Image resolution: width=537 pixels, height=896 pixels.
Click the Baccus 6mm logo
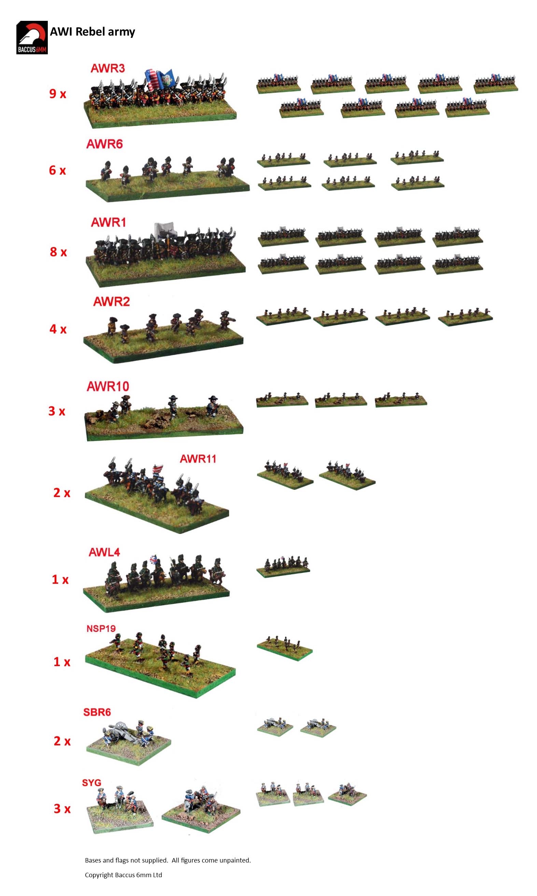[32, 38]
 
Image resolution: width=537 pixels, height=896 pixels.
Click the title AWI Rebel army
[92, 32]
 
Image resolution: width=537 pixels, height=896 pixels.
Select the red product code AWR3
[108, 68]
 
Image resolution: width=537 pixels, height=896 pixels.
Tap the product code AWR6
[104, 144]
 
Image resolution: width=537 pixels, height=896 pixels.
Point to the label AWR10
[108, 387]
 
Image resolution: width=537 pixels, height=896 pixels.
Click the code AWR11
[198, 459]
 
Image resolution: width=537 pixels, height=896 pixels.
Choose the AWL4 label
[104, 552]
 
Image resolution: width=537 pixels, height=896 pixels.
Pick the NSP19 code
[101, 629]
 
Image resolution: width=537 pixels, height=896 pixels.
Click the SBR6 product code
[97, 712]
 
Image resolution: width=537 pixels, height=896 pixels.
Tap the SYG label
[91, 783]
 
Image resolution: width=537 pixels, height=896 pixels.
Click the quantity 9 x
[58, 94]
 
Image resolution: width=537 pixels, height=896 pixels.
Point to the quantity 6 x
[58, 170]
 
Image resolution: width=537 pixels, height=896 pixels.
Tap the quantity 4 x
[58, 329]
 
